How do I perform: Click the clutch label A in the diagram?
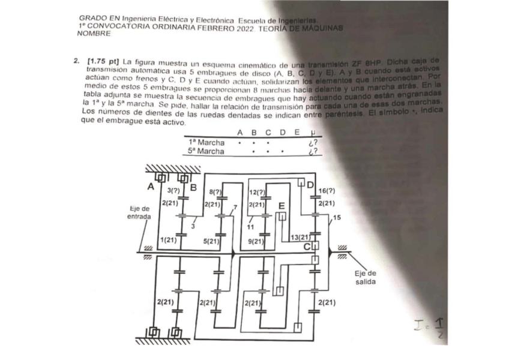coord(151,187)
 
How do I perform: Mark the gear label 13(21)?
coord(299,238)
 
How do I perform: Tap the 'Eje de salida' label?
coord(366,278)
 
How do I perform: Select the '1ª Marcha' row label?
coord(206,142)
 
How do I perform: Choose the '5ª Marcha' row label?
coord(206,151)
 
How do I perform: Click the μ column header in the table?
coord(310,133)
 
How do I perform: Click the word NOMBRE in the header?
coord(94,34)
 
